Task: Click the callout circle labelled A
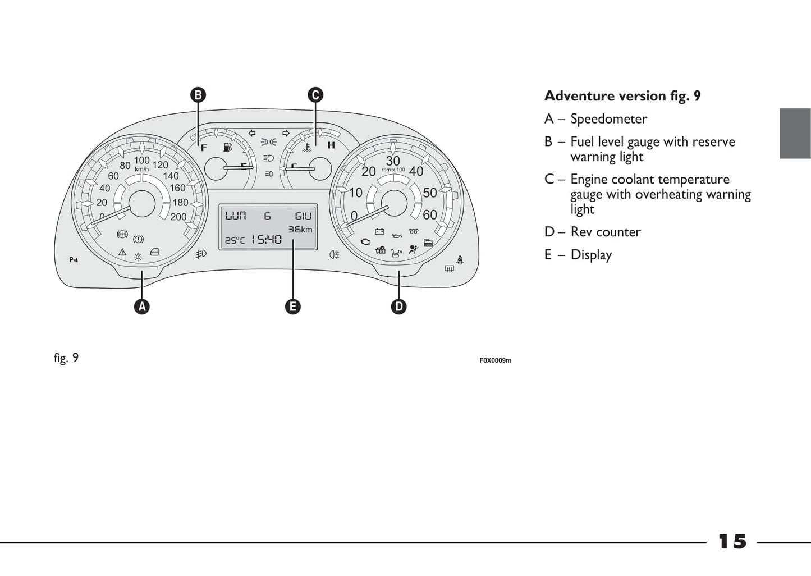[142, 307]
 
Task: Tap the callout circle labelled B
[198, 95]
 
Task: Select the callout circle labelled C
[315, 95]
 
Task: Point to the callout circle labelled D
[398, 307]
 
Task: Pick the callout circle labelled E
[292, 307]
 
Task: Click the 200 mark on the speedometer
[178, 217]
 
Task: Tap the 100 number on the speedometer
[141, 161]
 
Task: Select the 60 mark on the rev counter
[430, 214]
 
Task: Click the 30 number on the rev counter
[393, 161]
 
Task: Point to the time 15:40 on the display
[266, 240]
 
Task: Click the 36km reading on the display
[300, 229]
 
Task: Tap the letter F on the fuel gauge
[204, 148]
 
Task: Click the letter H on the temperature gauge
[331, 145]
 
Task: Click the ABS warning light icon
[122, 234]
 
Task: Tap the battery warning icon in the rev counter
[379, 231]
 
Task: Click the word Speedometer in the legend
[608, 119]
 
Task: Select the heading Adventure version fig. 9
[622, 96]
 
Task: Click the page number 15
[732, 542]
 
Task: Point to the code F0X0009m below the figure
[495, 360]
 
